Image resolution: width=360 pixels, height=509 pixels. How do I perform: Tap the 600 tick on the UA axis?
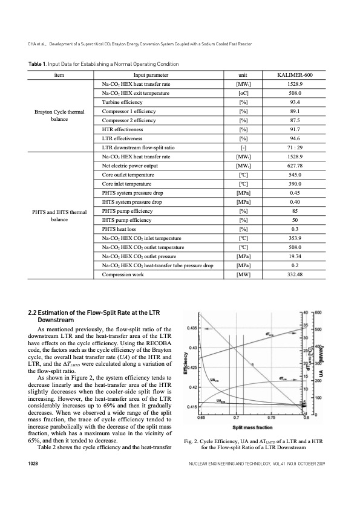(318, 312)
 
